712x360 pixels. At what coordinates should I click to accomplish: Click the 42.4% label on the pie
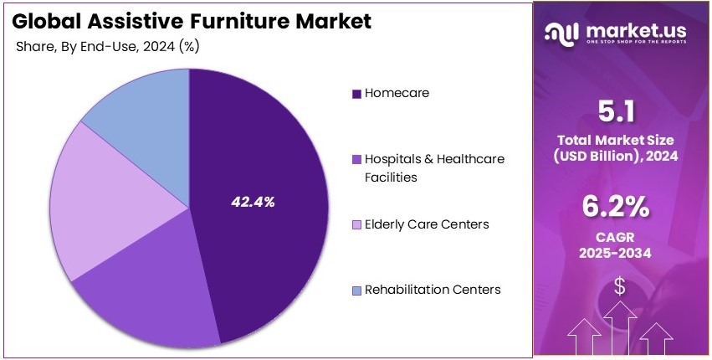pos(253,202)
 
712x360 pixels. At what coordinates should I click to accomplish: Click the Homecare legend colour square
pos(357,94)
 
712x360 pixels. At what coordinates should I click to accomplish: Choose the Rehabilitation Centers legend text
pos(432,290)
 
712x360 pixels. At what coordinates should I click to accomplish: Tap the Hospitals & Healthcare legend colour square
pos(357,159)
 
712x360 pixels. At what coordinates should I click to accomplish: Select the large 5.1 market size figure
pos(619,111)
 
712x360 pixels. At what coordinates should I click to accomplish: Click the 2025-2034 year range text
pos(619,253)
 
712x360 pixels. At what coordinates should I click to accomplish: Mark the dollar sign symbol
pos(619,286)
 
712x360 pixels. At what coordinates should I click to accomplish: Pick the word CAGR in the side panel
pos(619,236)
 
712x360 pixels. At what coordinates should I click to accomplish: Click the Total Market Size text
pos(619,139)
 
